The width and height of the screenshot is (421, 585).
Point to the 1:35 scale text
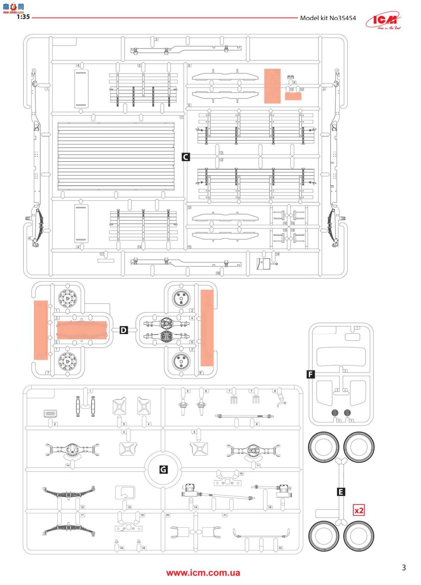point(23,17)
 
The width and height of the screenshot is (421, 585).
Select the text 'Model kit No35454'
point(328,18)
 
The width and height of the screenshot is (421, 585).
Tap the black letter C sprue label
point(186,157)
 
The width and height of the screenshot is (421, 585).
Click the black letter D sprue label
point(124,330)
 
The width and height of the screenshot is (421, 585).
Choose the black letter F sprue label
point(311,374)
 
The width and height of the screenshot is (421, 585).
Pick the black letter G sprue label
point(163,469)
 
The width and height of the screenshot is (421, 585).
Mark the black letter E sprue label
point(341,492)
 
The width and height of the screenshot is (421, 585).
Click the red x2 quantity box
point(359,510)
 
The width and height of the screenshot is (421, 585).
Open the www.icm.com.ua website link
point(203,573)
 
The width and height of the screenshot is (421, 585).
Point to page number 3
point(404,568)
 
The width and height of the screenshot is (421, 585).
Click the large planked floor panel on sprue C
point(116,156)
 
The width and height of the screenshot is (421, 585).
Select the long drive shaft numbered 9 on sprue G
point(244,416)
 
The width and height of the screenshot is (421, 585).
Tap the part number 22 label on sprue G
point(280,548)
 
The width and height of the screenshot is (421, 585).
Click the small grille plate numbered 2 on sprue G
point(50,413)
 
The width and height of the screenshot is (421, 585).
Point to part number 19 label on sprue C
point(277,254)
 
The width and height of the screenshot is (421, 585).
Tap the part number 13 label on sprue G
point(129,507)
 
